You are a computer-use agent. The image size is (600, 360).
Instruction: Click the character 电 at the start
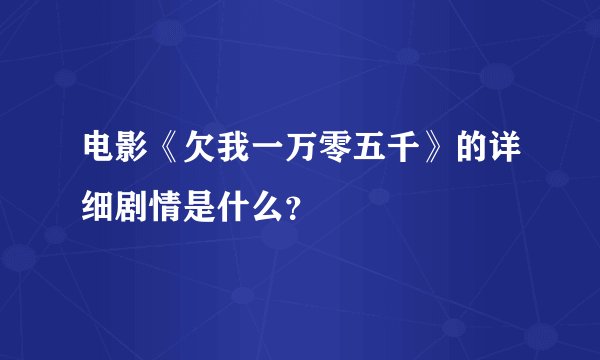[x=99, y=152]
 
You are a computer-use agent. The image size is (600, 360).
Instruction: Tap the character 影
[x=133, y=152]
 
